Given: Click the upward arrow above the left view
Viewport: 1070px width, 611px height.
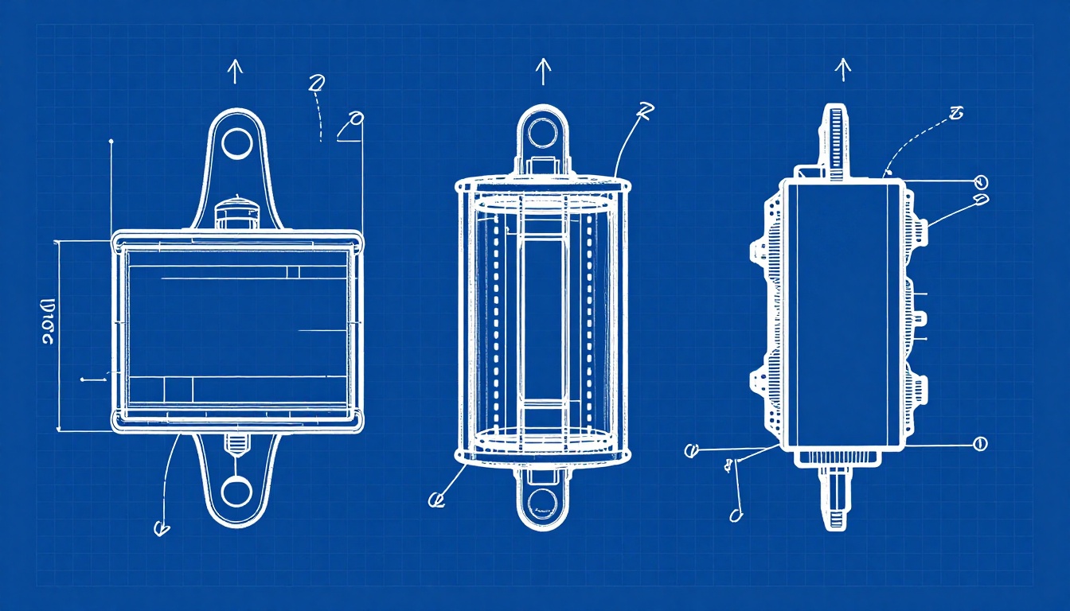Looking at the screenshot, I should (235, 71).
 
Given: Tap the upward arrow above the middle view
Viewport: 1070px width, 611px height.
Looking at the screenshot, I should (543, 72).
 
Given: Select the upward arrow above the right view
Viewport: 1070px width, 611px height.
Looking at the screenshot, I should (842, 70).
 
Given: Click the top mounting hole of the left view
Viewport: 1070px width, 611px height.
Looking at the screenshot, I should (236, 144).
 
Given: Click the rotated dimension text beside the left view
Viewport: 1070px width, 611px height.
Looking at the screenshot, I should (46, 322).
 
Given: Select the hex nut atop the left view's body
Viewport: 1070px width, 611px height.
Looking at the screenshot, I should (236, 213).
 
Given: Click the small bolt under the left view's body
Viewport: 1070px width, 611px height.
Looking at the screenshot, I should (236, 442).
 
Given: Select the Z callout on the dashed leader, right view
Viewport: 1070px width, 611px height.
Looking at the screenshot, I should (956, 114).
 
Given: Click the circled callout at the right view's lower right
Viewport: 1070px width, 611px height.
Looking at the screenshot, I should (980, 444).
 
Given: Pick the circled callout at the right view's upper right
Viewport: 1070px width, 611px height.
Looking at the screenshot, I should (980, 181).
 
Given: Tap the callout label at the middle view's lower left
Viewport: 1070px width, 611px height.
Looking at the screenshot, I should (435, 500).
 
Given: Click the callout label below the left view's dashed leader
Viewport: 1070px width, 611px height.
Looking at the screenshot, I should (161, 527).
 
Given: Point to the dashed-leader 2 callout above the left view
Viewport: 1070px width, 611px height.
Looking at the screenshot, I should (316, 84).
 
